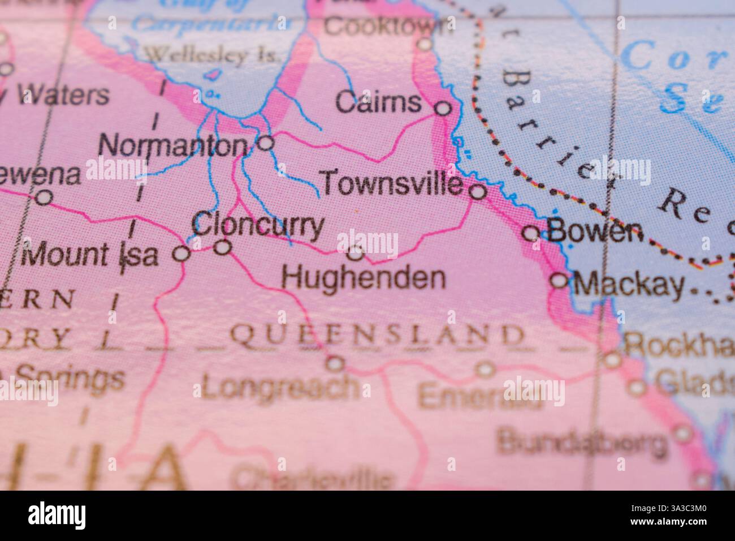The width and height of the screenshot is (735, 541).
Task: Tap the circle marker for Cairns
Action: tap(444, 108)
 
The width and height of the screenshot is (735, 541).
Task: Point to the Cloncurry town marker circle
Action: tap(224, 247)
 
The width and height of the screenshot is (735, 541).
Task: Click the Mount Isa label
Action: tap(89, 255)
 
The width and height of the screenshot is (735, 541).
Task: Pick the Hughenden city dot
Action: tap(355, 252)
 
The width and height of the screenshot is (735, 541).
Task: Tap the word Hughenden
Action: tap(364, 278)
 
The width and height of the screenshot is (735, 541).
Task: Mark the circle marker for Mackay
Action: tap(560, 280)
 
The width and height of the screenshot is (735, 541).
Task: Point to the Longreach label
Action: tap(280, 388)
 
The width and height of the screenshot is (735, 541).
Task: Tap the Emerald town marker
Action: tap(485, 370)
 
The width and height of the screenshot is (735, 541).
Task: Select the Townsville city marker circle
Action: tap(478, 192)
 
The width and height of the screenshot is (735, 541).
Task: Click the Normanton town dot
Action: tap(266, 143)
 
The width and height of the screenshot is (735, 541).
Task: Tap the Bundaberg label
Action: tap(582, 443)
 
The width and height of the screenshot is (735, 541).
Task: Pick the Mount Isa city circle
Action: tap(181, 254)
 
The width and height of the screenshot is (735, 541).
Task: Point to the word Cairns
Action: tap(378, 103)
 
